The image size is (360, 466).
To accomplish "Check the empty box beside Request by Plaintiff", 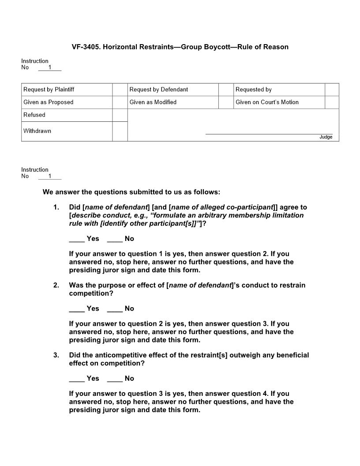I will [120, 90].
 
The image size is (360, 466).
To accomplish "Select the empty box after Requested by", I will [332, 90].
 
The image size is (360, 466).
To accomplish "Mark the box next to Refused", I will [120, 115].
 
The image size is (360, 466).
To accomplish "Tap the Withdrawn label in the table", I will [37, 131].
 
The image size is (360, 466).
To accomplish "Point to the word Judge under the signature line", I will [326, 137].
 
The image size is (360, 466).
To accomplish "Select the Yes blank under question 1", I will [77, 239].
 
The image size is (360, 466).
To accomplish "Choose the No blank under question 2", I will [115, 308].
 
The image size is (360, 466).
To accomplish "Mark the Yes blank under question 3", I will [77, 379].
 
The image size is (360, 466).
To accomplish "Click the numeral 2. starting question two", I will [56, 285].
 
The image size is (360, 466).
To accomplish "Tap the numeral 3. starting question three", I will [56, 355].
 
